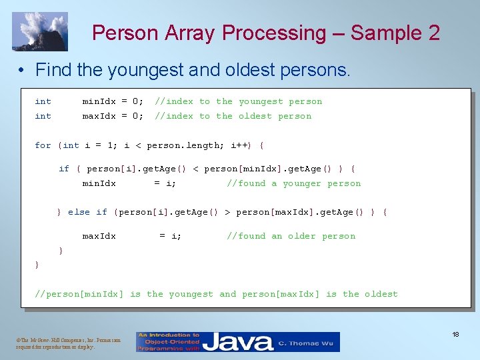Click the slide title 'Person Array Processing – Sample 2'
[265, 33]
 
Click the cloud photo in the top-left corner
[39, 31]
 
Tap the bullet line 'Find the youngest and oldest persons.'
[193, 69]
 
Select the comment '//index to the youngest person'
[238, 101]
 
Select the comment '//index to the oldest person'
[233, 116]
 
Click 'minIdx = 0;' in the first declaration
[112, 101]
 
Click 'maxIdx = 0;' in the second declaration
[112, 116]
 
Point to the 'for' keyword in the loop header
[43, 145]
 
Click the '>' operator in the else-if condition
[227, 212]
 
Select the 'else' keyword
[79, 212]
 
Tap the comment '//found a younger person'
[293, 183]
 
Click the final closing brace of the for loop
[37, 265]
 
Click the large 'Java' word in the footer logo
[237, 342]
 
